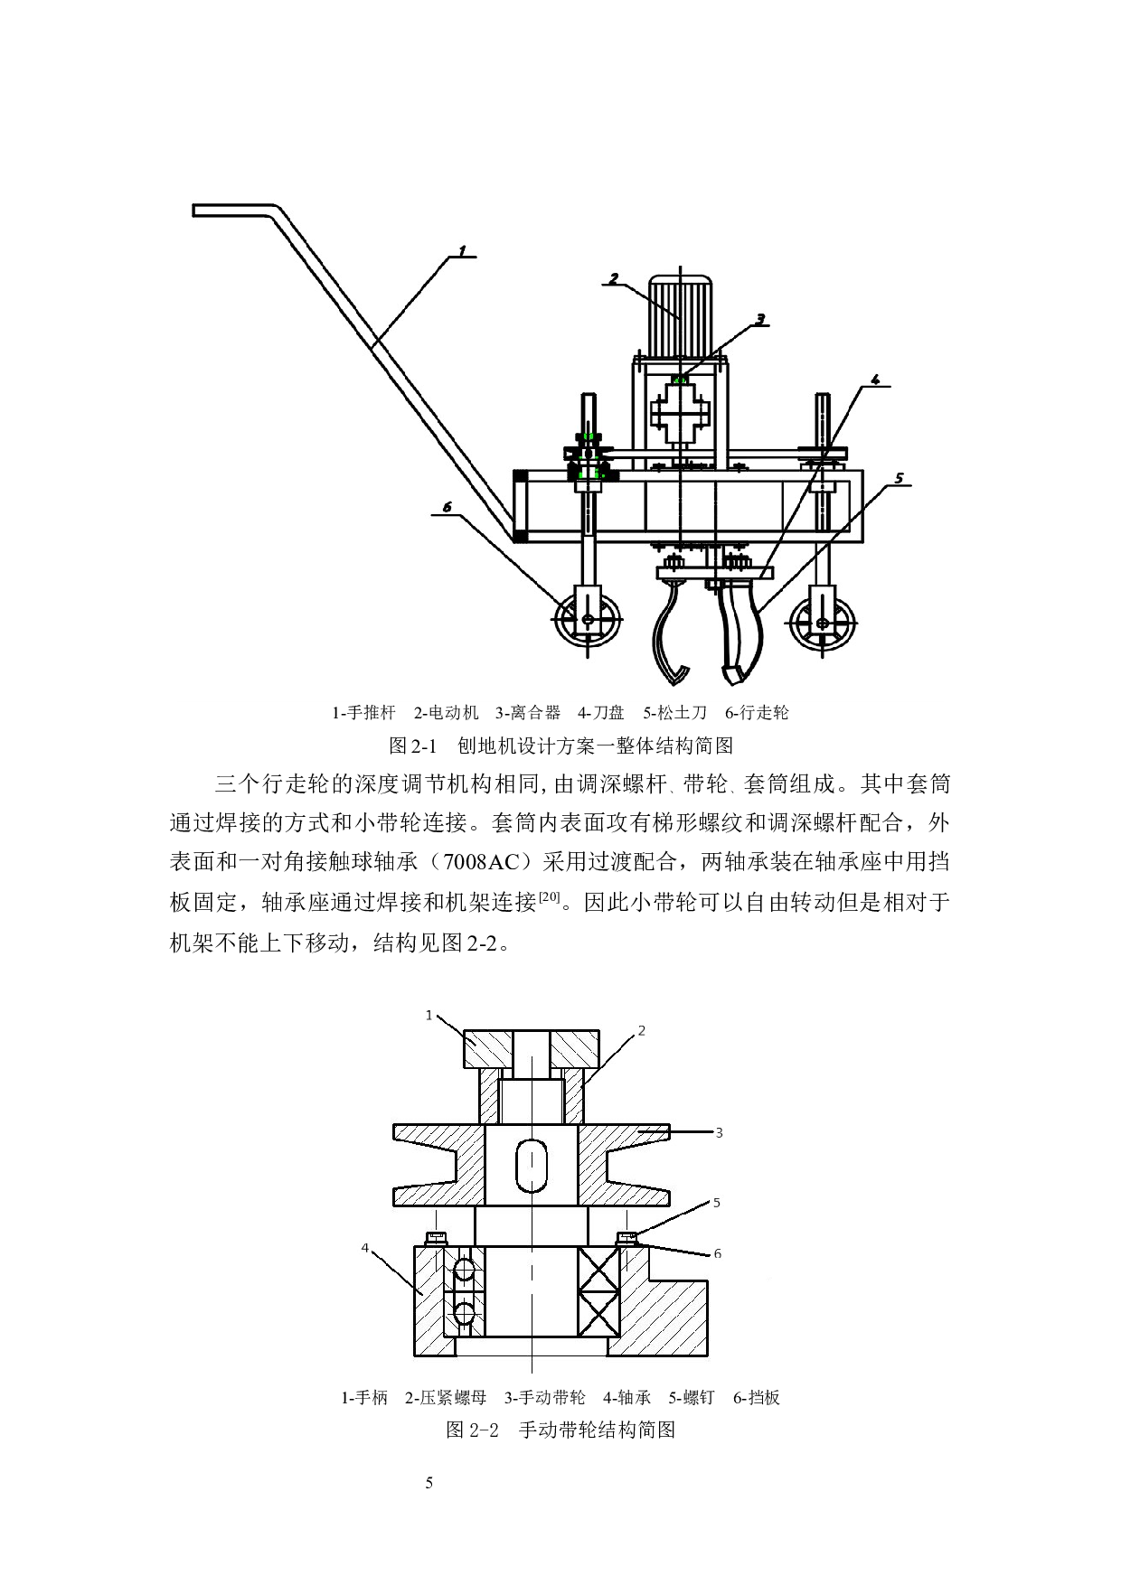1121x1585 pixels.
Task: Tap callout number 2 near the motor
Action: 613,278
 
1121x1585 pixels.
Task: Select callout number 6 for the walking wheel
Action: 447,508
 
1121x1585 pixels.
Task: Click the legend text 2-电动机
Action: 446,713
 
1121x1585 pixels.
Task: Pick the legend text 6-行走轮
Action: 757,713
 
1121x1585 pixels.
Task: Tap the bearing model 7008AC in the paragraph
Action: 481,862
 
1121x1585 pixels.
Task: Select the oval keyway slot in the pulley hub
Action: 532,1166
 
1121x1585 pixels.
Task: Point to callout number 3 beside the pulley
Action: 720,1132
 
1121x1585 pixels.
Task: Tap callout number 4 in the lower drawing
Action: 365,1248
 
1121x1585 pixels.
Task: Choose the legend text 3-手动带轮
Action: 544,1398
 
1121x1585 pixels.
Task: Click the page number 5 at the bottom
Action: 429,1483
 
